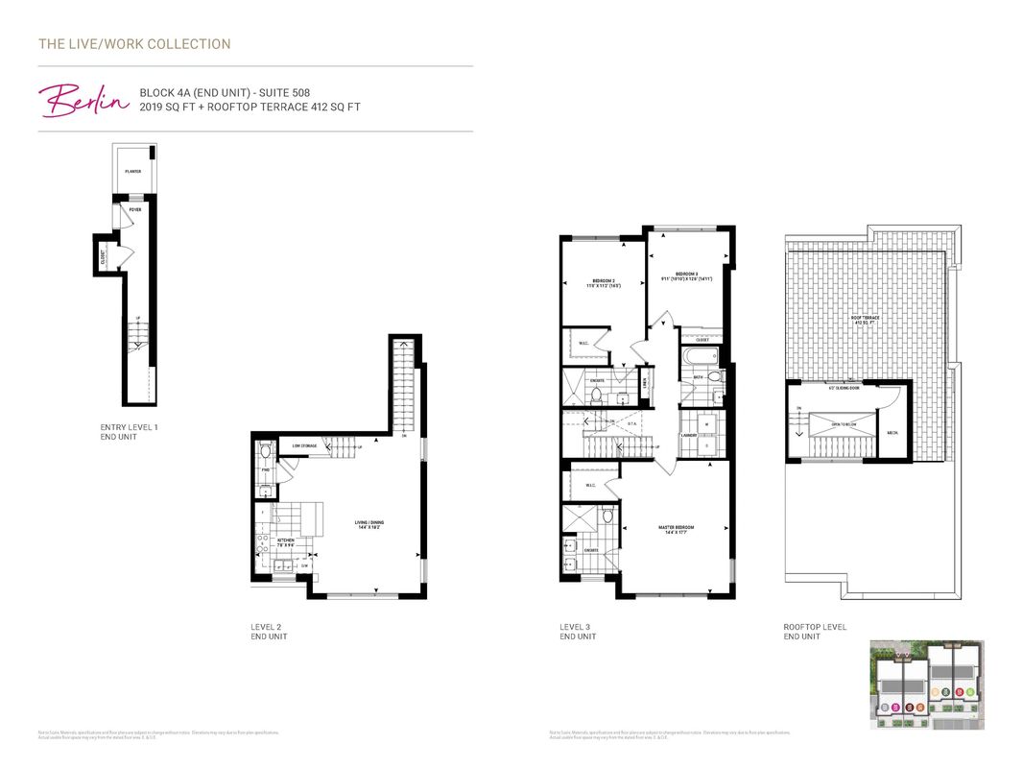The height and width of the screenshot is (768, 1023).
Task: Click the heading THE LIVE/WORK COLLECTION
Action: (134, 44)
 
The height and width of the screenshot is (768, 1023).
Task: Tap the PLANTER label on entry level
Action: (132, 172)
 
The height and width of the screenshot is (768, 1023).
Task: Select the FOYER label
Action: (135, 208)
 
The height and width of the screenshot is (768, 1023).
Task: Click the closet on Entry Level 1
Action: (103, 256)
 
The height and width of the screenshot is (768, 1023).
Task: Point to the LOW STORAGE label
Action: (305, 445)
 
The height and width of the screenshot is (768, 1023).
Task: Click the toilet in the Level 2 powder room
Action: (266, 450)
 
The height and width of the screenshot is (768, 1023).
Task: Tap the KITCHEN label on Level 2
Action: (285, 541)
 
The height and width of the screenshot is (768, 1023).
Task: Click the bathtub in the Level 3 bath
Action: (700, 357)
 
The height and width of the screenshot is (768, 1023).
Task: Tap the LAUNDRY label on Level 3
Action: (688, 436)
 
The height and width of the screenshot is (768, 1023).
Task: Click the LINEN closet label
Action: (645, 381)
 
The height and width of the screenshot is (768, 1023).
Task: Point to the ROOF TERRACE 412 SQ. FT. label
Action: (867, 320)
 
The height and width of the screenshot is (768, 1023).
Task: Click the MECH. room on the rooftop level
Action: (892, 432)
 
